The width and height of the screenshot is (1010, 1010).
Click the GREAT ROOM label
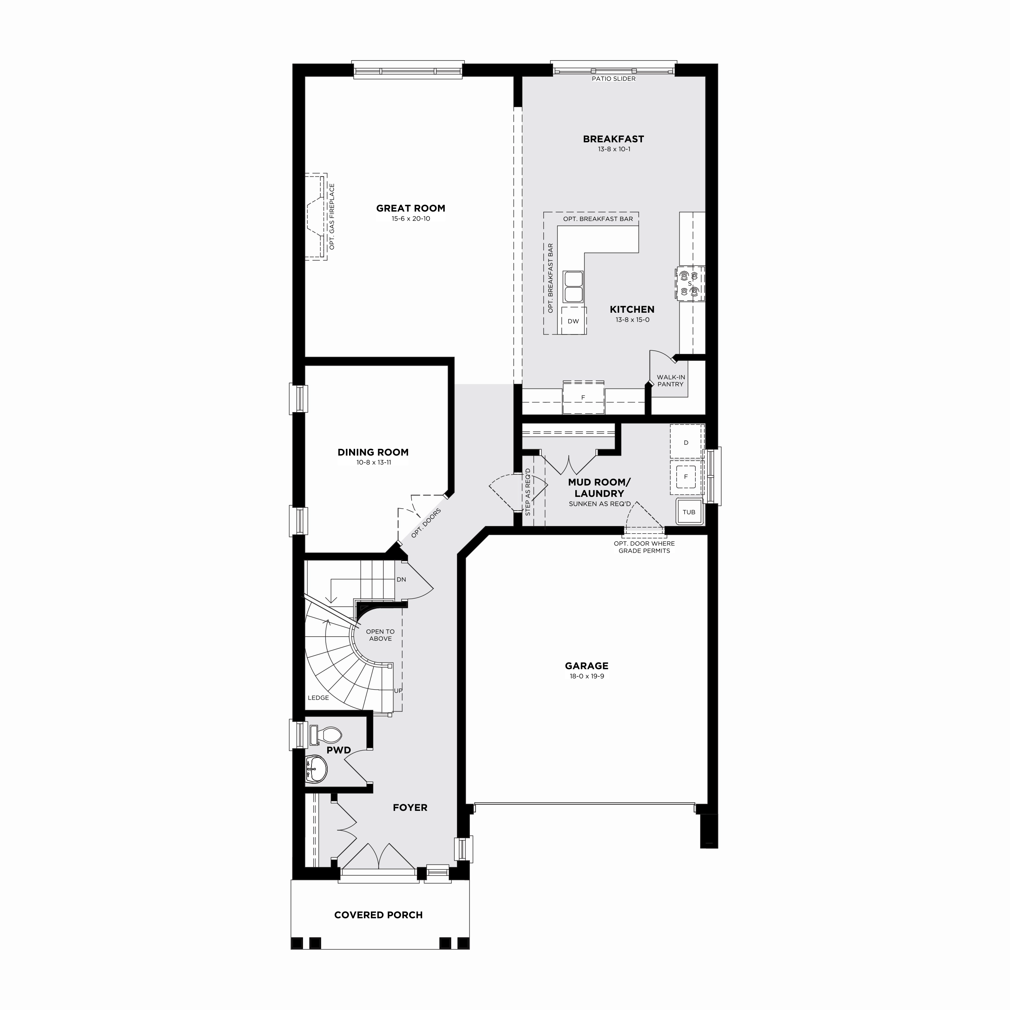pos(410,208)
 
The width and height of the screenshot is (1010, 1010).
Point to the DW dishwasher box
pos(574,320)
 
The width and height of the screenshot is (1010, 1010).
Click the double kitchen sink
pos(574,286)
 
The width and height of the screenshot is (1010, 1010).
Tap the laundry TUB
pos(689,512)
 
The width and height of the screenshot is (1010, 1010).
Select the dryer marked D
pos(686,442)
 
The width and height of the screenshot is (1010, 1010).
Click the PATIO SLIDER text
pos(614,79)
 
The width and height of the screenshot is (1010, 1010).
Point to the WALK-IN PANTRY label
pos(671,381)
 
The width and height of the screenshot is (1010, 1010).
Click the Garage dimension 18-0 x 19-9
pos(587,676)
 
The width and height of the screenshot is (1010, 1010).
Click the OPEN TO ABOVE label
pos(380,635)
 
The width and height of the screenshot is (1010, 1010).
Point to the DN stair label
pos(402,579)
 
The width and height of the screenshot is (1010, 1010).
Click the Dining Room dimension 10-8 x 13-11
pos(373,463)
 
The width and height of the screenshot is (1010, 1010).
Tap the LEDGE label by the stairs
pos(318,698)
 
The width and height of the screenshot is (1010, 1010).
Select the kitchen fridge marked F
pos(583,397)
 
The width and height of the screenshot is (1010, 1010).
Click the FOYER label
pos(410,808)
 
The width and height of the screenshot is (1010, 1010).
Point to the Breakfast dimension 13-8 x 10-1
pos(614,149)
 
